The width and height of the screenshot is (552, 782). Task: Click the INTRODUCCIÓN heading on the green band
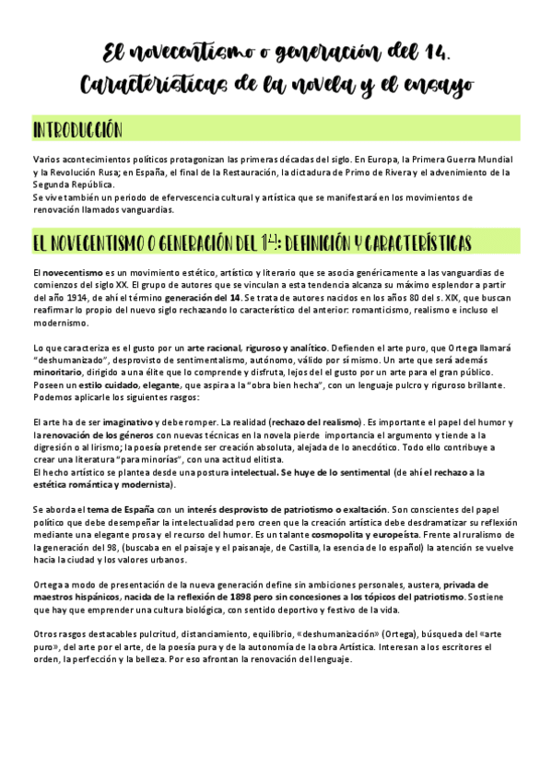coord(78,128)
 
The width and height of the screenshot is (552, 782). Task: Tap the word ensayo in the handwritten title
coord(439,85)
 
